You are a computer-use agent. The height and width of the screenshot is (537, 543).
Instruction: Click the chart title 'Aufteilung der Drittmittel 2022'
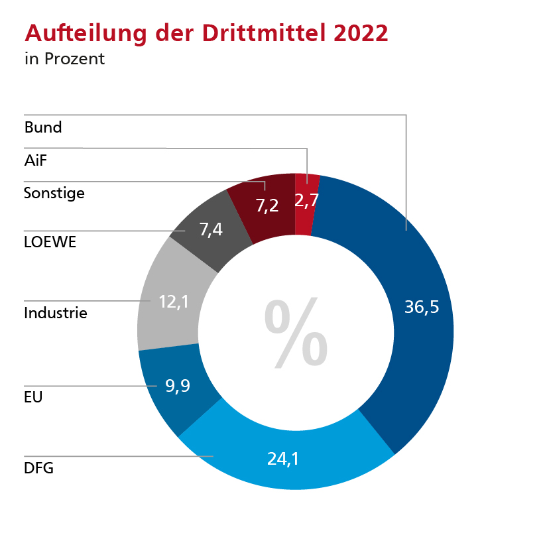[x=206, y=33]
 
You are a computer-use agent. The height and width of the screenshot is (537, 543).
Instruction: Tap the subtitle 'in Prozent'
[x=64, y=59]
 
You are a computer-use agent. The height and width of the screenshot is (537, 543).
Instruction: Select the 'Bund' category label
[x=42, y=127]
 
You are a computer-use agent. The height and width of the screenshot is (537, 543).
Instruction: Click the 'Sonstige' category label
[x=54, y=194]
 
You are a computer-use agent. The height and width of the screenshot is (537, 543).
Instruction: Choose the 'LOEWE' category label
[x=50, y=242]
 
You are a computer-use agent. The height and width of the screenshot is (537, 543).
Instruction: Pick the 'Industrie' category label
[x=55, y=312]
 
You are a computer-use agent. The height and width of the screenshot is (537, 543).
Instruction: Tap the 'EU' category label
[x=33, y=397]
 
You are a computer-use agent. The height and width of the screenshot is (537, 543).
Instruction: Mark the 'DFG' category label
[x=38, y=469]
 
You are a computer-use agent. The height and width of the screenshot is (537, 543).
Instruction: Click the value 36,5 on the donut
[x=422, y=307]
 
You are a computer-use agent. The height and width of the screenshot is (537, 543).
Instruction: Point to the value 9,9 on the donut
[x=178, y=386]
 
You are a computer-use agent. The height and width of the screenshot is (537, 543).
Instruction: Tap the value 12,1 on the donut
[x=174, y=302]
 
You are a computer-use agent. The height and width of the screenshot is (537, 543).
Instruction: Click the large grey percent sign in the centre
[x=296, y=333]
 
